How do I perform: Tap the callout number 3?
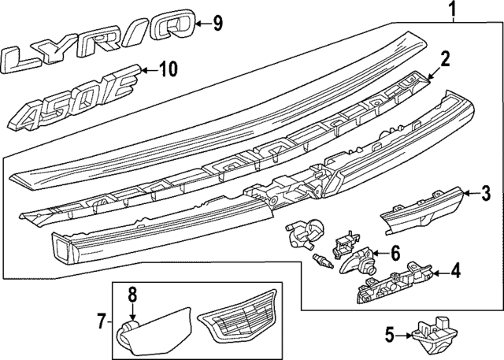[486, 192]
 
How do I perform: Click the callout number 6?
[395, 253]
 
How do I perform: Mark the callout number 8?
[132, 296]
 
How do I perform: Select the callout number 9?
[217, 22]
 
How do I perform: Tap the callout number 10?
[169, 70]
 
